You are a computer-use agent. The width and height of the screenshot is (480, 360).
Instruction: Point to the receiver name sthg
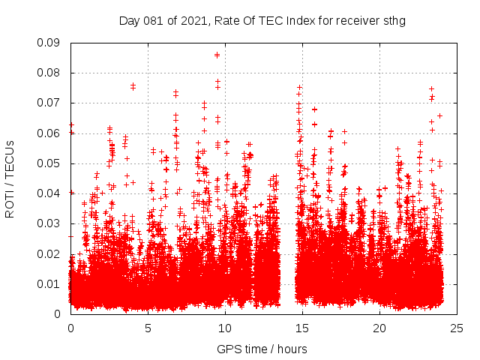coord(393,20)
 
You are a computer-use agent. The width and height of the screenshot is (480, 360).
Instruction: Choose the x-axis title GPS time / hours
coord(262,349)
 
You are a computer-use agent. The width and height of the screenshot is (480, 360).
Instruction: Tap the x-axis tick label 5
coord(148,328)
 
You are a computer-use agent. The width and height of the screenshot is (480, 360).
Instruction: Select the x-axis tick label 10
coord(225,328)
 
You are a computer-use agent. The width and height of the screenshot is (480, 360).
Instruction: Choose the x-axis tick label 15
coord(302,328)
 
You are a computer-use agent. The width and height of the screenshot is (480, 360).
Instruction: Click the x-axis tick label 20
coord(379,328)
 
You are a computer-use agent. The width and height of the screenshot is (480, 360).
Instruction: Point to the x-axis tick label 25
coord(457,328)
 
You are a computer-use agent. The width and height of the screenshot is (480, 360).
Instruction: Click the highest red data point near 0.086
coord(217,55)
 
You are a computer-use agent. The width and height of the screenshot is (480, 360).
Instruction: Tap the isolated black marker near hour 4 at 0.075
coord(133,86)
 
